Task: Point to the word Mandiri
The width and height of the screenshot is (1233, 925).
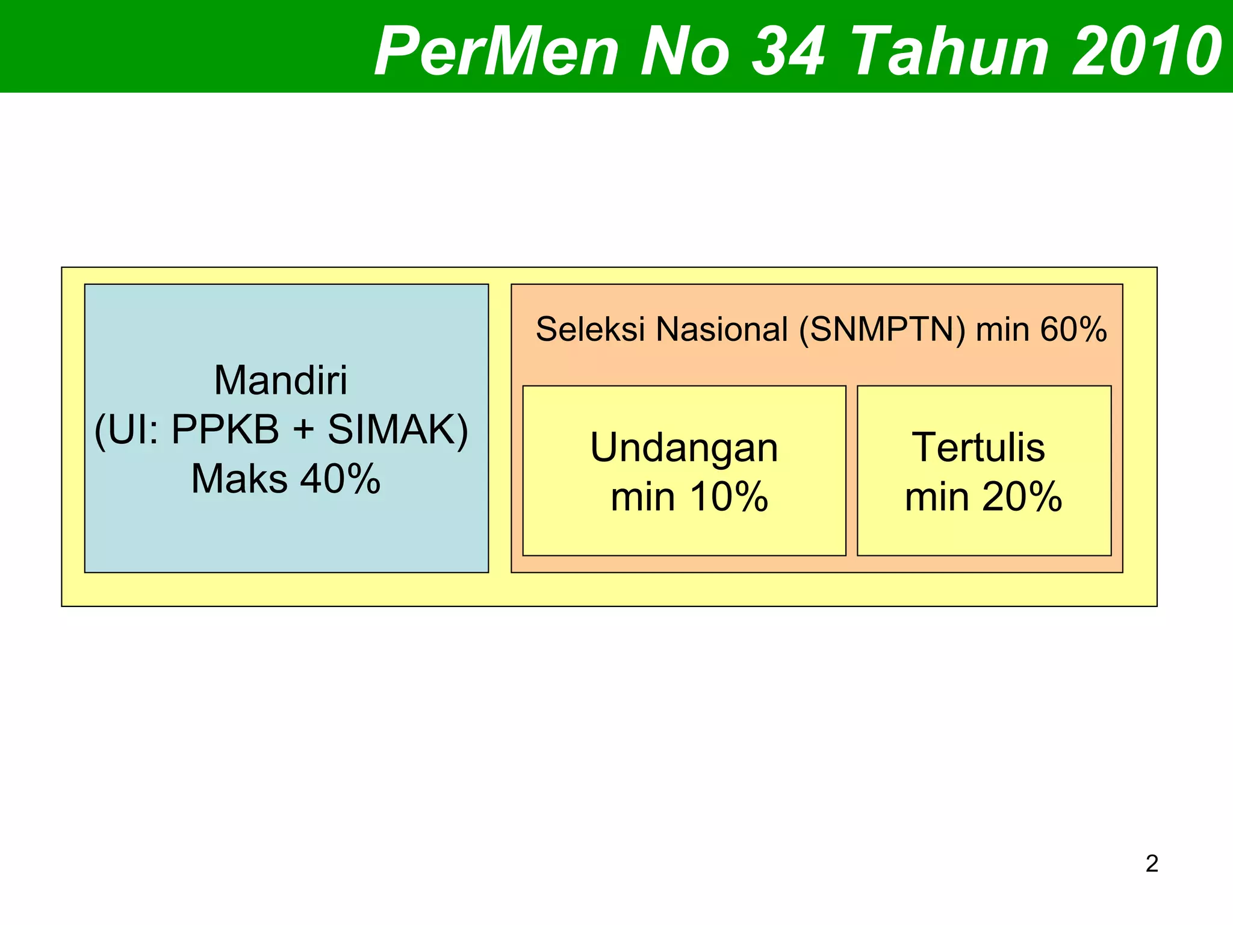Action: (281, 381)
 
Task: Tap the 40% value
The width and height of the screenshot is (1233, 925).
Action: (340, 479)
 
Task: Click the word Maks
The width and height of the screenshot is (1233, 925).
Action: (240, 479)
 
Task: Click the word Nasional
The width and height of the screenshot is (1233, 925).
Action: (722, 329)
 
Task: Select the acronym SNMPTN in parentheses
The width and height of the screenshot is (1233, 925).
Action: (883, 329)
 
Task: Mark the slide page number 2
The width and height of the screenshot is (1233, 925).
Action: (1152, 864)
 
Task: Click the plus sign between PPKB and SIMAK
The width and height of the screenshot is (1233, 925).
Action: (303, 431)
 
